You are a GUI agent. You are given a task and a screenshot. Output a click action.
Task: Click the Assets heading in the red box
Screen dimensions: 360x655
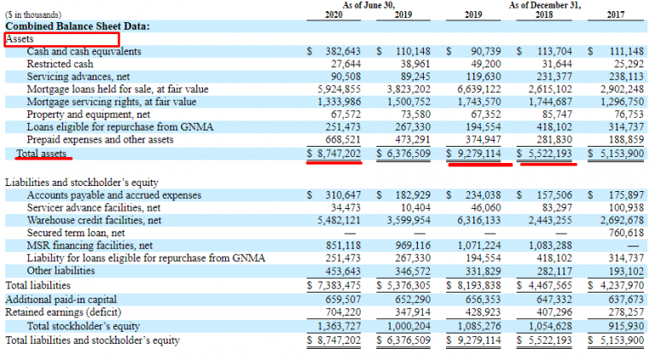click(20, 39)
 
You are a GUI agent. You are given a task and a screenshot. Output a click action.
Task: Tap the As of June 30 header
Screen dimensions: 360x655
click(371, 5)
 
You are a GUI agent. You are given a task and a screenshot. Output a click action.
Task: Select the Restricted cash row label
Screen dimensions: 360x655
click(61, 64)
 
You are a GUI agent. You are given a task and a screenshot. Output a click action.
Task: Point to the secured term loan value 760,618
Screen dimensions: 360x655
click(621, 232)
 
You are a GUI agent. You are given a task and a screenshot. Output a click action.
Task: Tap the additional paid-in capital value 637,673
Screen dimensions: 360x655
click(621, 299)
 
